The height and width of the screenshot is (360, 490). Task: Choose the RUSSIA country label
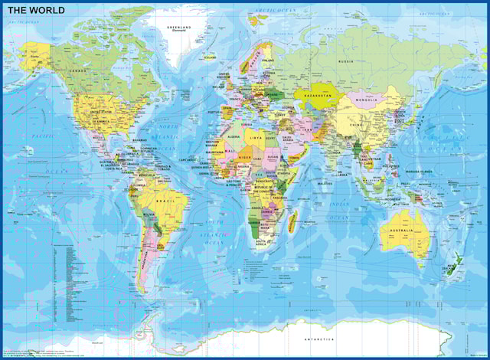(x=346, y=61)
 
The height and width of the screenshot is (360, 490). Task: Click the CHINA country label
(x=357, y=125)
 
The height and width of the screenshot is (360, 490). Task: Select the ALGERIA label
(x=235, y=136)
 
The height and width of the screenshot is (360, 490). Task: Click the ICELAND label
(x=209, y=56)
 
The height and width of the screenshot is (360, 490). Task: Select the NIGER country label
(x=244, y=155)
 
